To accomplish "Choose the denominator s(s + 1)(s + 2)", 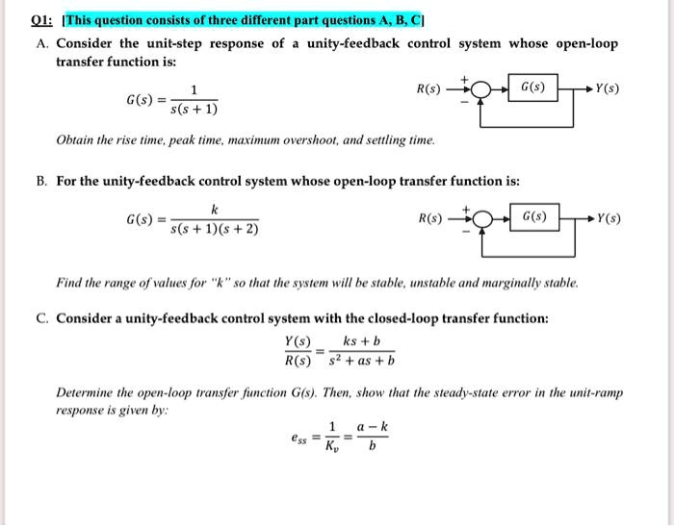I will tap(214, 230).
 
